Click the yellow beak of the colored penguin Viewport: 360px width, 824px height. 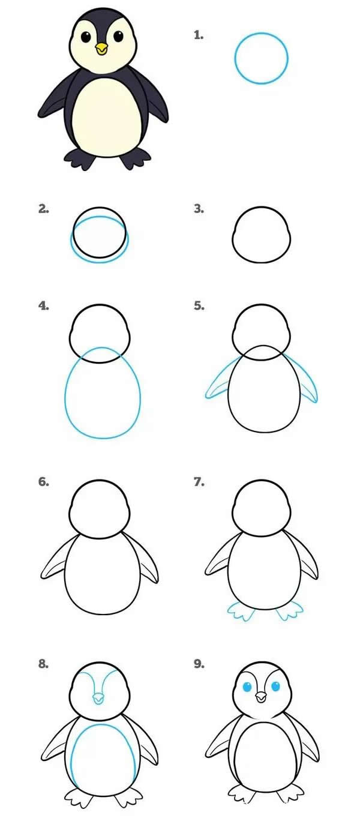click(101, 49)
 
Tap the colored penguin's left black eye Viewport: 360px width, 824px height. click(86, 37)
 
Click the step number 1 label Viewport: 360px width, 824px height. click(199, 35)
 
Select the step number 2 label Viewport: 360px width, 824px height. click(43, 209)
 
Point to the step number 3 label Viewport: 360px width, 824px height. click(199, 209)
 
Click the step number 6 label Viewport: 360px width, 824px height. click(43, 481)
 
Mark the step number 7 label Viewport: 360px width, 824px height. click(199, 481)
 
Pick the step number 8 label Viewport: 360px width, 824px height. click(43, 664)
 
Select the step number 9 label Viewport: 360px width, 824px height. click(199, 664)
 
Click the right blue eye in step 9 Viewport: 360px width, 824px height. click(275, 687)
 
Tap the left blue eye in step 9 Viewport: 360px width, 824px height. click(247, 687)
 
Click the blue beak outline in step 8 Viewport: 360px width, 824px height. click(98, 699)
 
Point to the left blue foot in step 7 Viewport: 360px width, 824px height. click(241, 611)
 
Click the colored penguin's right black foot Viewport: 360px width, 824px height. click(136, 158)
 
